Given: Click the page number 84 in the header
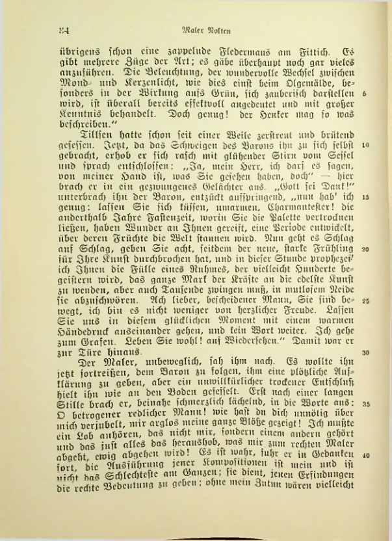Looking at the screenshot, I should click(x=63, y=30).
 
